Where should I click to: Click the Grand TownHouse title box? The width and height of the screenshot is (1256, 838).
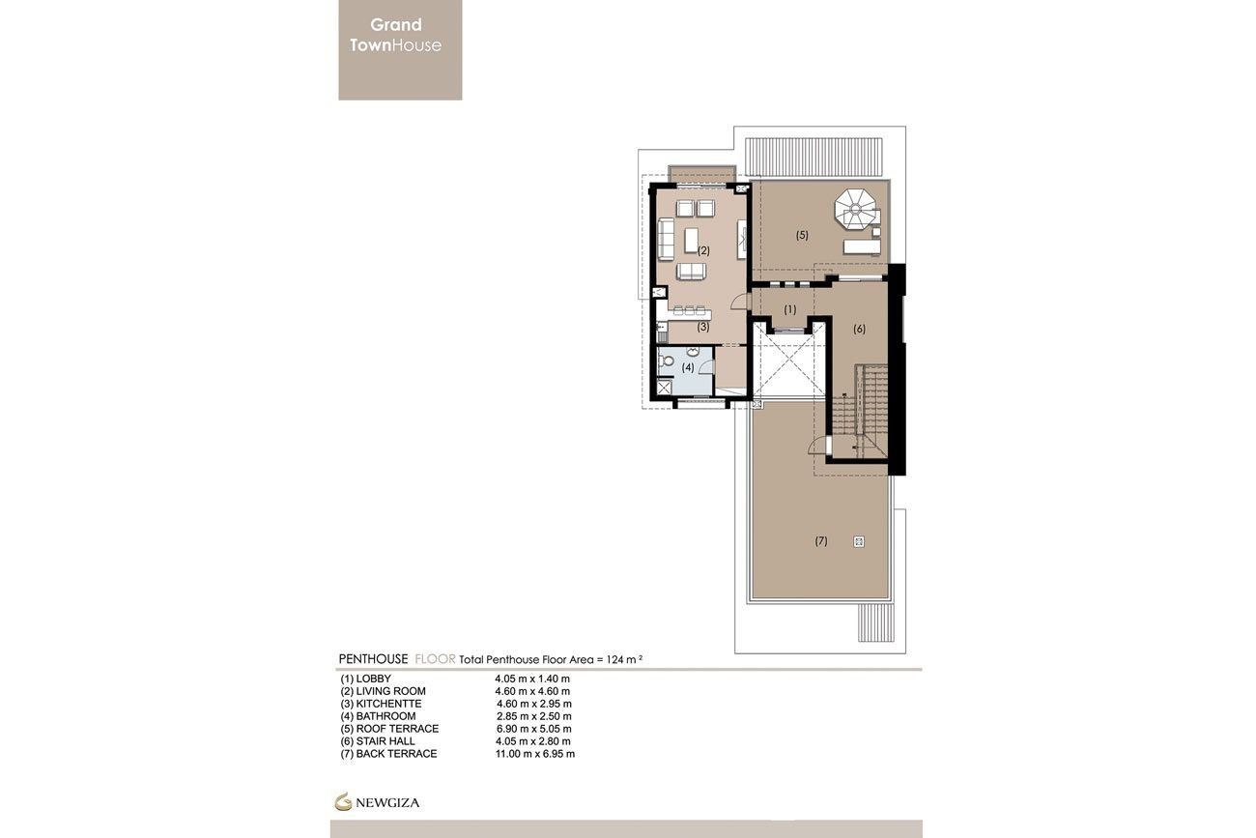click(x=400, y=49)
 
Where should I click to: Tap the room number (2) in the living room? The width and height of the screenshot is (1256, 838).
click(x=703, y=250)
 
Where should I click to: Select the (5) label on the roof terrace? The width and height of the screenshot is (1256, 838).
click(x=802, y=235)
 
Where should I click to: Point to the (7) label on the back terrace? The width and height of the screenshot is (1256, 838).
click(x=821, y=541)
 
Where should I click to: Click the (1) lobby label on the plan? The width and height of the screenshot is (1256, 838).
click(x=790, y=310)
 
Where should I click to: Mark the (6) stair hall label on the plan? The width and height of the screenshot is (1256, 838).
click(x=859, y=329)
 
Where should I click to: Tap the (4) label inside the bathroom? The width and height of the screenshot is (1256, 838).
click(x=688, y=367)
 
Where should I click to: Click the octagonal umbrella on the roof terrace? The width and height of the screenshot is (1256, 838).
click(x=854, y=206)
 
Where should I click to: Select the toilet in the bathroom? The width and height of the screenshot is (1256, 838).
click(x=668, y=361)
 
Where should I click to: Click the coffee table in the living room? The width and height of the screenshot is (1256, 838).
click(x=692, y=239)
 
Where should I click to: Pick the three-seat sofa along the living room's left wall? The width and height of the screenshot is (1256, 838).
click(x=666, y=239)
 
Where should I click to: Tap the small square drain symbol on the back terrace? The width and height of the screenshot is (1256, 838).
click(x=858, y=542)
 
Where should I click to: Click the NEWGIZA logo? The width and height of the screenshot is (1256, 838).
click(x=378, y=801)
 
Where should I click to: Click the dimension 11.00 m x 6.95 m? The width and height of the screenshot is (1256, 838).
click(x=534, y=753)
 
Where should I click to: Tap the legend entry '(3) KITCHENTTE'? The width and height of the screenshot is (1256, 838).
click(x=381, y=704)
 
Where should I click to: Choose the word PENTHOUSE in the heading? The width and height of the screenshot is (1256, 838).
click(x=373, y=658)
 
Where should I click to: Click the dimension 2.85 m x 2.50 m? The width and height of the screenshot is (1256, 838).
click(x=532, y=716)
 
